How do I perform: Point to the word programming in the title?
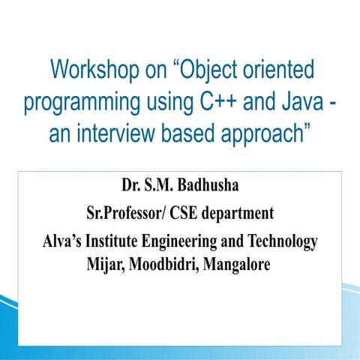84,103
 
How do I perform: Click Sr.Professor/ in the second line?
128,214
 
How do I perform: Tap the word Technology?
282,243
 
